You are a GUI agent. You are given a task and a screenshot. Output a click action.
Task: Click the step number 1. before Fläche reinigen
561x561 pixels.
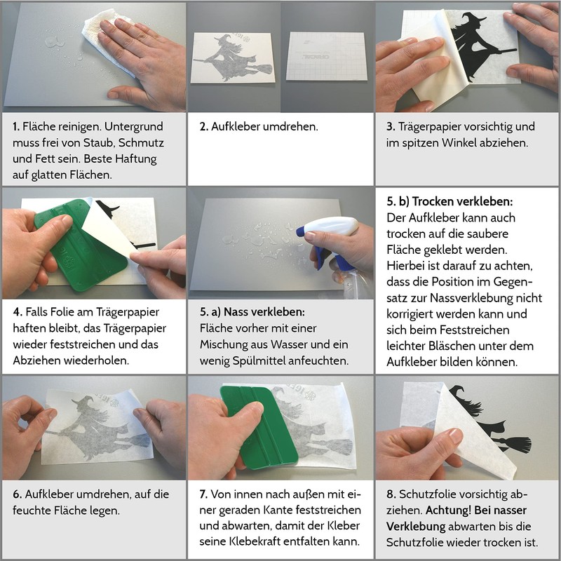tap(16, 126)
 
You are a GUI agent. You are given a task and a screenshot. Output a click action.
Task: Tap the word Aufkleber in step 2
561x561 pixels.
tap(236, 126)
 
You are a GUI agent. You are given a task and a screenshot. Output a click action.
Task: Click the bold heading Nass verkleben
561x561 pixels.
tap(264, 311)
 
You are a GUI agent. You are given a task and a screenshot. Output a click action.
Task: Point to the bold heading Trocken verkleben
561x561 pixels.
tap(462, 201)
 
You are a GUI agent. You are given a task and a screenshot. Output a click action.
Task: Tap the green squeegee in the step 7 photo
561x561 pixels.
tap(258, 428)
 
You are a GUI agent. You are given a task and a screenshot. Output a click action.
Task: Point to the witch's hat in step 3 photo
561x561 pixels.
tap(472, 21)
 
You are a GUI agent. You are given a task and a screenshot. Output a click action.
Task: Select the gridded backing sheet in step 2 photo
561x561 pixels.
tap(326, 56)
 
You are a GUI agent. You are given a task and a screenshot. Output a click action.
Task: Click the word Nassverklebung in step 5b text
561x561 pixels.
tap(486, 297)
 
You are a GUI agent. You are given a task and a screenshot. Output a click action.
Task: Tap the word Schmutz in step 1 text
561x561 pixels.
tap(141, 143)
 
